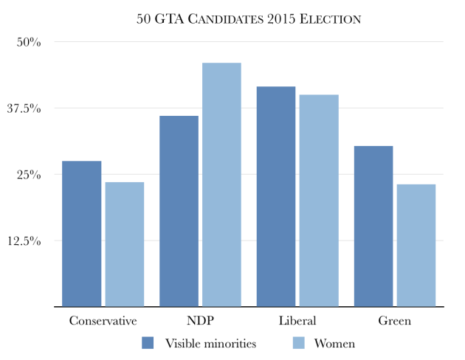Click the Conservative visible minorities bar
tap(81, 233)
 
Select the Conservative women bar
tap(124, 243)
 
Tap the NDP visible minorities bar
tap(179, 211)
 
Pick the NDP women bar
tap(221, 184)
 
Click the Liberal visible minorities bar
tap(276, 196)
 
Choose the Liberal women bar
tap(319, 200)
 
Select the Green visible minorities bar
tap(373, 226)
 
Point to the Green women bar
tap(416, 245)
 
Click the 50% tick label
tap(28, 42)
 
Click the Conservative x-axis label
tap(103, 321)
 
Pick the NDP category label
tap(200, 321)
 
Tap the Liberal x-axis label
tap(297, 321)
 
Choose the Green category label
tap(395, 321)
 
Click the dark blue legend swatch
tap(147, 343)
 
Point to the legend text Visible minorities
tap(210, 343)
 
